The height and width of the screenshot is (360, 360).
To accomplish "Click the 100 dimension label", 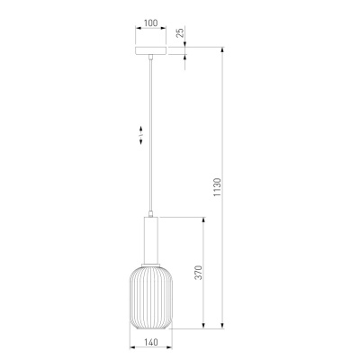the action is pyautogui.click(x=150, y=22).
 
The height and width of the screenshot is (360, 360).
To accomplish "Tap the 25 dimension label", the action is pyautogui.click(x=180, y=32).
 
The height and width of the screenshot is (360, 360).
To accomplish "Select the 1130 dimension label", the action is pyautogui.click(x=217, y=187).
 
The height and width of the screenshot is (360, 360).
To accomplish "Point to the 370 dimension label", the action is pyautogui.click(x=198, y=272).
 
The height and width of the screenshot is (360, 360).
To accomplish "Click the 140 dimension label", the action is pyautogui.click(x=150, y=342).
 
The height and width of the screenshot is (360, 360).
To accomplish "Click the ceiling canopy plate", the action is pyautogui.click(x=150, y=50).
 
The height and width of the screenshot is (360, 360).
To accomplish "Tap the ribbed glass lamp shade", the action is pyautogui.click(x=151, y=296).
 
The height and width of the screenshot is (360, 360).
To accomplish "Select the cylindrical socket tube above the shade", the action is pyautogui.click(x=151, y=239).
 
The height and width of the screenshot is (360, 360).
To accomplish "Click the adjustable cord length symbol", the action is pyautogui.click(x=140, y=135).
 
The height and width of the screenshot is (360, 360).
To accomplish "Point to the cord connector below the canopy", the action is pyautogui.click(x=150, y=57).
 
